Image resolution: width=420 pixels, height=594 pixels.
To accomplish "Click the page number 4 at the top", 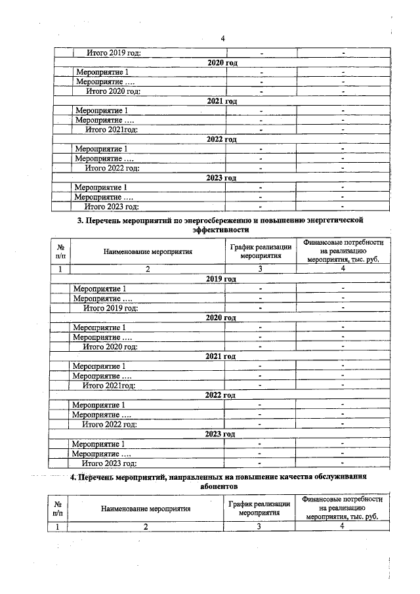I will (222, 37).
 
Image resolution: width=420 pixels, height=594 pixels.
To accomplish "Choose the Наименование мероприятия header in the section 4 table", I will (146, 508).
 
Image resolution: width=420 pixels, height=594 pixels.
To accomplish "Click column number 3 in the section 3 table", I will (260, 268).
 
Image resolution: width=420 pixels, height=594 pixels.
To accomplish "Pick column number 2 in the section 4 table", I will (146, 526).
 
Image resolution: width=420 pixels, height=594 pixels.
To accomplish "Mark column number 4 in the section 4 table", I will (342, 526).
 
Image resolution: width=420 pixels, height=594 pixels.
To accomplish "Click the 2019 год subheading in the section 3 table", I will (221, 279).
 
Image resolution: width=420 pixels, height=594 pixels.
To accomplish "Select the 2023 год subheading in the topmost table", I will (221, 178).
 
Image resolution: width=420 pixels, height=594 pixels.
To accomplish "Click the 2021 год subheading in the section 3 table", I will (221, 356).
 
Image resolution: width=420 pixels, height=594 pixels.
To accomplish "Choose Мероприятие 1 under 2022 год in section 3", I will (98, 405).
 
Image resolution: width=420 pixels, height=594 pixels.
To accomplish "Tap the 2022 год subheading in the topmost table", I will (221, 140).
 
